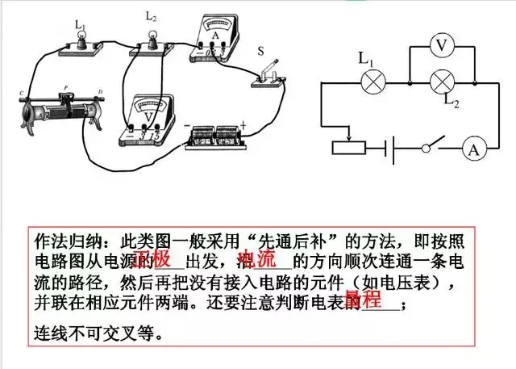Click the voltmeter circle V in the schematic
440,47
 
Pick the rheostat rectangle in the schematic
348,148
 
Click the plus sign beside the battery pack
242,126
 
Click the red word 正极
152,260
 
